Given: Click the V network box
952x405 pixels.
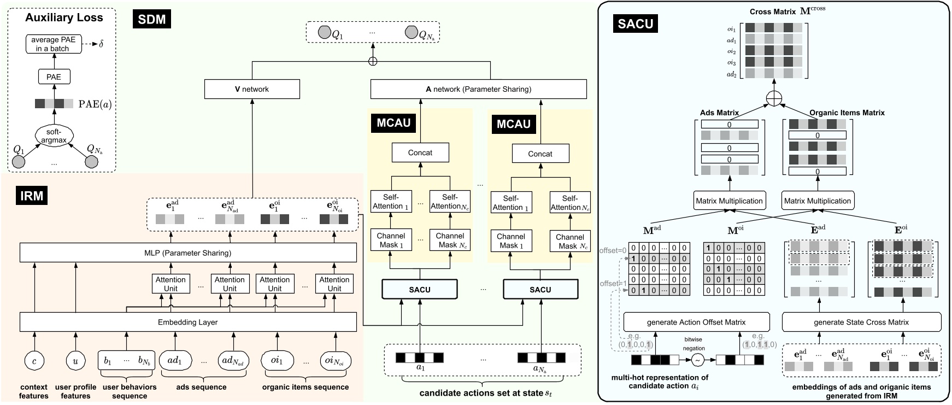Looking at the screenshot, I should tap(252, 89).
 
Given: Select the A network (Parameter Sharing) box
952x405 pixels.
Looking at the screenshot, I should tap(478, 89).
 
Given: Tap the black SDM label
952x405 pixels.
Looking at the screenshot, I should tap(152, 20).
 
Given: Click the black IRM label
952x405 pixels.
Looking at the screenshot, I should tap(31, 196).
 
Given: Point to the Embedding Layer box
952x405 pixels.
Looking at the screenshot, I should tap(187, 322).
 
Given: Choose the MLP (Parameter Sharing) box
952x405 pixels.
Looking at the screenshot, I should tap(187, 253).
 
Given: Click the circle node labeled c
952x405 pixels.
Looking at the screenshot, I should tap(34, 361).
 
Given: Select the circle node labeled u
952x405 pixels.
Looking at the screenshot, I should tap(75, 361).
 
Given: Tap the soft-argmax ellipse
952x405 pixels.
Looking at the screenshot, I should tap(54, 136).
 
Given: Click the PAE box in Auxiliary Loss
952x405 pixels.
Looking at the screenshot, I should tap(54, 77).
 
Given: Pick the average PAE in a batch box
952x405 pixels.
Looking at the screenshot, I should tap(54, 44).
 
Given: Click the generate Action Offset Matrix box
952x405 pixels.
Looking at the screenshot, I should tap(696, 322).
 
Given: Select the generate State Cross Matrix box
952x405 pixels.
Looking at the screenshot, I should tap(861, 322).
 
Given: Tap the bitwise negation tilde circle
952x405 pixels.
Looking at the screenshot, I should tap(697, 360).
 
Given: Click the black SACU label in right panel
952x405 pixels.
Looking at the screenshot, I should tap(635, 24).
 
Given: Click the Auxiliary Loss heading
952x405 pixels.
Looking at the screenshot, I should tap(64, 17).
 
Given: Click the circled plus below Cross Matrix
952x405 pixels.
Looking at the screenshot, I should tap(773, 98).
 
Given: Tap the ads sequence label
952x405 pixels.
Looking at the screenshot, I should tap(201, 387).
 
